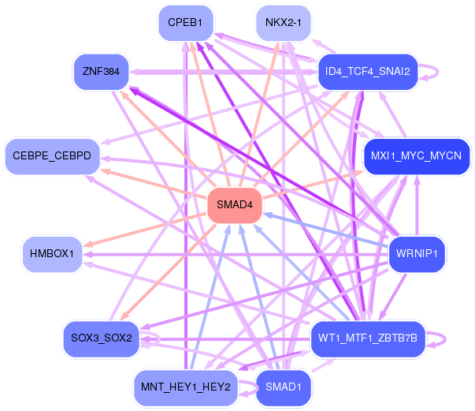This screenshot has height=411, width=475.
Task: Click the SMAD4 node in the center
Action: (x=234, y=205)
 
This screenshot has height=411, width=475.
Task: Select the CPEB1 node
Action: (x=185, y=24)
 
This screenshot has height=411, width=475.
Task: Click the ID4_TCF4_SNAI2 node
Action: (x=366, y=72)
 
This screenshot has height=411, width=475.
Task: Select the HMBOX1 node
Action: (x=52, y=253)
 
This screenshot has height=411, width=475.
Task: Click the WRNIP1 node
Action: (x=417, y=253)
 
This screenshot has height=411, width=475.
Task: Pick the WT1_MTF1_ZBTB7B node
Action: (x=367, y=338)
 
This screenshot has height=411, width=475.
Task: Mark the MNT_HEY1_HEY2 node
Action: (x=185, y=387)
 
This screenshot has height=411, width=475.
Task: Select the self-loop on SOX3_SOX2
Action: (x=158, y=338)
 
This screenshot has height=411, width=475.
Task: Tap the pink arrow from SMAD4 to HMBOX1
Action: (x=142, y=229)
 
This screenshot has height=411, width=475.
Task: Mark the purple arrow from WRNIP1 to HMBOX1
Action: (x=236, y=254)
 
